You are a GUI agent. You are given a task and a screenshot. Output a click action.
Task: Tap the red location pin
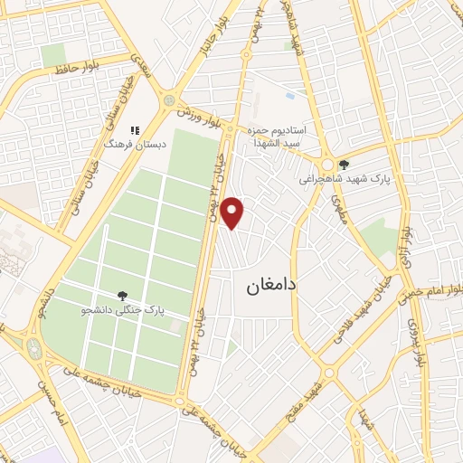233,211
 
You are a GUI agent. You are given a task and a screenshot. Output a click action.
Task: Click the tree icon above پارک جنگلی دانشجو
122,295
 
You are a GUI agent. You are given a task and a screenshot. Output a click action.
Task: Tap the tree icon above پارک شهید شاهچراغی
344,164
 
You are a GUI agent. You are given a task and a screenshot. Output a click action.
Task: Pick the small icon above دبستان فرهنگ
135,130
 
